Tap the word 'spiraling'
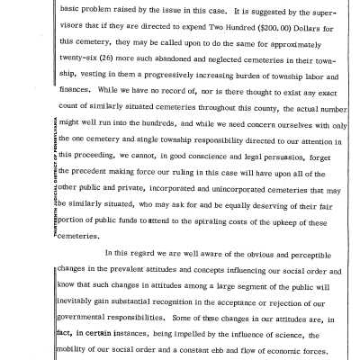point(212,202)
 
